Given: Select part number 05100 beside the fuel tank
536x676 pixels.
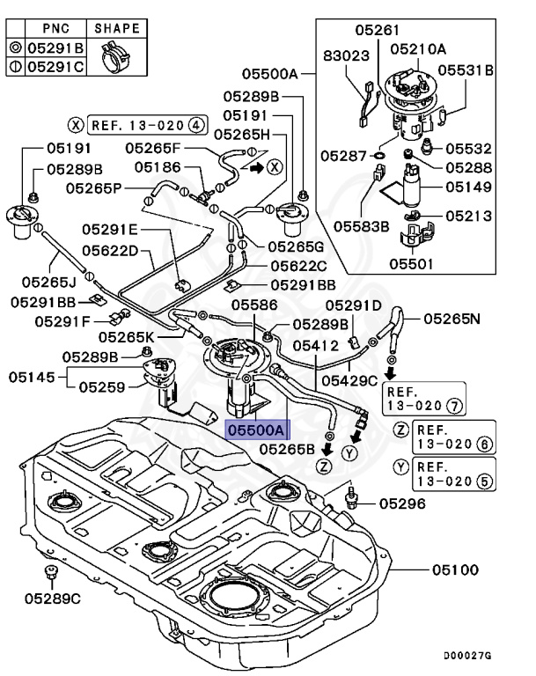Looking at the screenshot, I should tap(455, 570).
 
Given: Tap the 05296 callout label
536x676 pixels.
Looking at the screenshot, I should tap(402, 504).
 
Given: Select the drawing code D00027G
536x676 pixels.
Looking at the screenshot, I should tap(467, 655).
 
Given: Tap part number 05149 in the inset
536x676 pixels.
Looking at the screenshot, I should tap(467, 187).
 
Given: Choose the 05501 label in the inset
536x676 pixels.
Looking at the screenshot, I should tap(413, 262).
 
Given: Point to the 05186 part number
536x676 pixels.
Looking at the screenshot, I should tap(158, 166).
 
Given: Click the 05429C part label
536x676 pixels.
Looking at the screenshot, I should tap(349, 380).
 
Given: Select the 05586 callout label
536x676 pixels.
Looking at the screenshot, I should tap(254, 305).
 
